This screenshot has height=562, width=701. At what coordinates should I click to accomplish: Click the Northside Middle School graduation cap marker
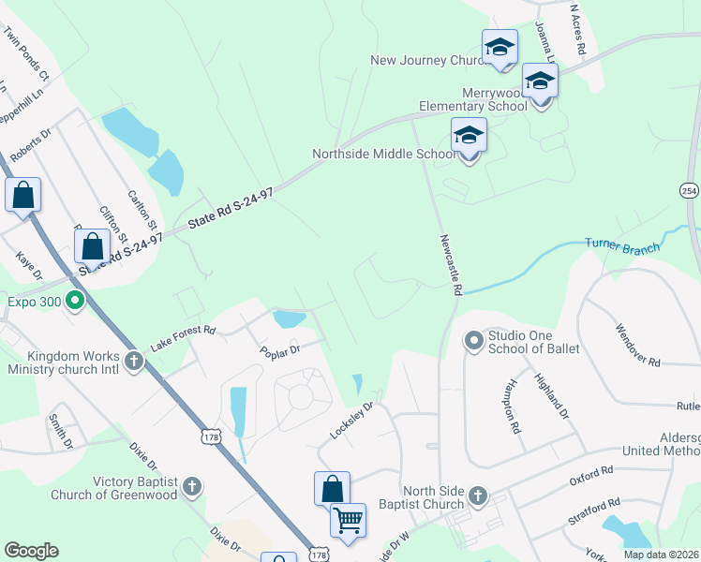pyautogui.click(x=469, y=137)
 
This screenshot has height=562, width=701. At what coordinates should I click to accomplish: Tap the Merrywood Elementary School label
pyautogui.click(x=495, y=99)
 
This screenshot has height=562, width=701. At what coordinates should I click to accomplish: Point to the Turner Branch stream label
pyautogui.click(x=622, y=244)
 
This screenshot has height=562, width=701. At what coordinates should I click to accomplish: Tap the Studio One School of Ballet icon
pyautogui.click(x=473, y=342)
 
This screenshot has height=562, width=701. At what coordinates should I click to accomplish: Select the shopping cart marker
pyautogui.click(x=348, y=520)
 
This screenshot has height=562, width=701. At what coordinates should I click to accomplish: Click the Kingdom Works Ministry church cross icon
pyautogui.click(x=134, y=361)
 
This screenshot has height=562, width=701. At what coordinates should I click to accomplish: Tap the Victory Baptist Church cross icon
pyautogui.click(x=192, y=486)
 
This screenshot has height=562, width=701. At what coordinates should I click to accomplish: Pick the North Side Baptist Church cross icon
pyautogui.click(x=477, y=495)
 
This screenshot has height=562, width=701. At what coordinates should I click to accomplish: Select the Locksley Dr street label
pyautogui.click(x=351, y=421)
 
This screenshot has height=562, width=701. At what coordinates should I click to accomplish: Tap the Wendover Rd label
pyautogui.click(x=638, y=346)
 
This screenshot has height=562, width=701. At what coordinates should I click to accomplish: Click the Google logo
pyautogui.click(x=31, y=551)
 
